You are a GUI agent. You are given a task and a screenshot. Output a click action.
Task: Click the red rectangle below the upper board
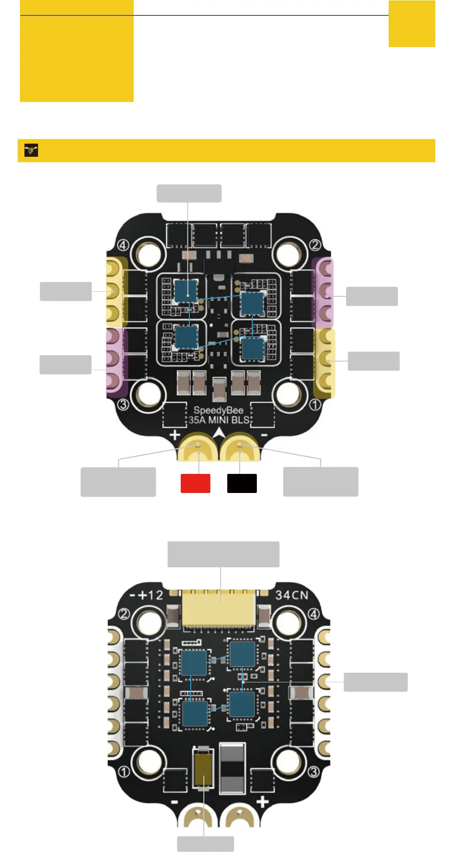click(195, 483)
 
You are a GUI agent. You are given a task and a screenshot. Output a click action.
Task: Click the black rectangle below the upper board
click(242, 483)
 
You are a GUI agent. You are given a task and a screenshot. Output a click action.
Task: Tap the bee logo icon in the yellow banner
click(31, 150)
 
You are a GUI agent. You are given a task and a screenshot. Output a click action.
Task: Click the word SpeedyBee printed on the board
click(218, 411)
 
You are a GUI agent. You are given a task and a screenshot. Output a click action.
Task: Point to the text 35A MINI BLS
click(219, 420)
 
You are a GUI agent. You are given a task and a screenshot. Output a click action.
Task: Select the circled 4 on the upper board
click(123, 245)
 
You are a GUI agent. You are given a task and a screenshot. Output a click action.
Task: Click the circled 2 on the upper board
click(315, 245)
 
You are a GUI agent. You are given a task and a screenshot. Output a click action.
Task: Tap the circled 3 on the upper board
click(123, 404)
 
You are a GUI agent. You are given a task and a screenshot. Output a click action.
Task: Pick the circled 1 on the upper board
click(315, 404)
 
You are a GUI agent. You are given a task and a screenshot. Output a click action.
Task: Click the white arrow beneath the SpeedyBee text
click(219, 433)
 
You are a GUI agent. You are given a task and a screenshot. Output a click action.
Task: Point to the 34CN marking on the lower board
click(291, 595)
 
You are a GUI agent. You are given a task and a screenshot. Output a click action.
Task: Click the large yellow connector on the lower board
click(218, 609)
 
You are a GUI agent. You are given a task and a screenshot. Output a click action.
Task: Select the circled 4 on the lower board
click(313, 614)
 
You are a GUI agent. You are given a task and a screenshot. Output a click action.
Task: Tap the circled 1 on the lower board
click(124, 771)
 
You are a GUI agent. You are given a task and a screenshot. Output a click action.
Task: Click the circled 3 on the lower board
click(313, 771)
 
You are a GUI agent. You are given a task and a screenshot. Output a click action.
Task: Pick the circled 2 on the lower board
click(124, 614)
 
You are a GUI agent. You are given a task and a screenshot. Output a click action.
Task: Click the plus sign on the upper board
click(175, 435)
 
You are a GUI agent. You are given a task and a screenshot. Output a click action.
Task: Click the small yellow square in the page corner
click(412, 24)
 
